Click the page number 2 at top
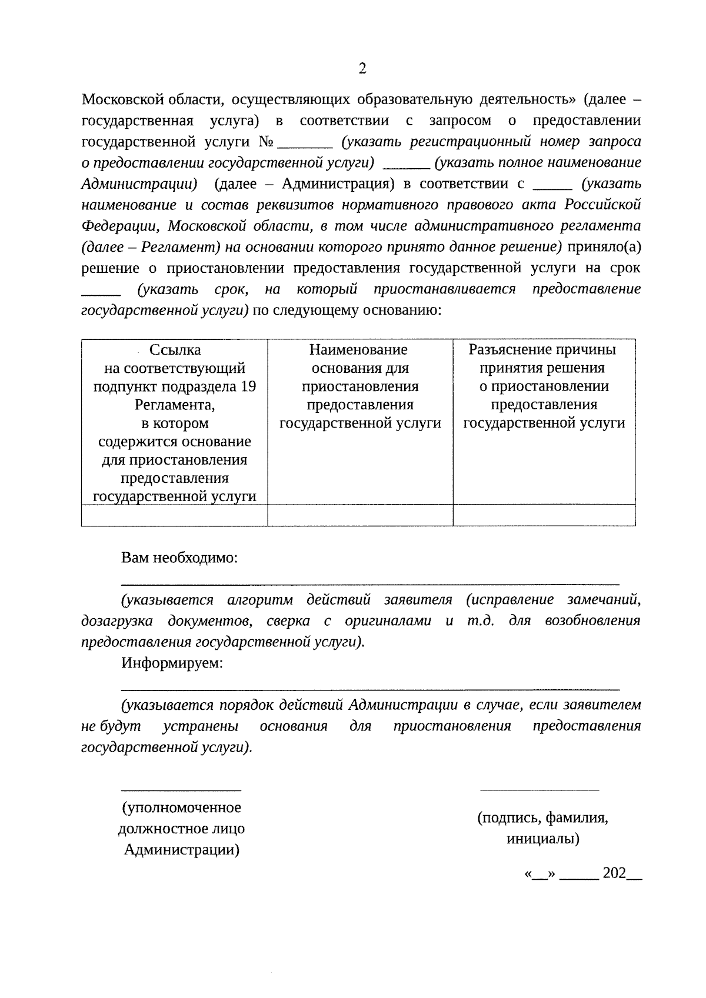tap(362, 69)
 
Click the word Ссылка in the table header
tap(175, 351)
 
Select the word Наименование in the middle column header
tap(358, 351)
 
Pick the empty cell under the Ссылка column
tap(174, 515)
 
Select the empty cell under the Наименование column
tap(360, 515)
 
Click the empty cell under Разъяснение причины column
tap(544, 515)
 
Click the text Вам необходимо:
tap(179, 558)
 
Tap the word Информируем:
tap(172, 663)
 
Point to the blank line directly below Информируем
tap(370, 689)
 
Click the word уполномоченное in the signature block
tap(182, 808)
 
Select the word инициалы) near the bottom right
tap(542, 839)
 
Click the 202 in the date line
tap(614, 873)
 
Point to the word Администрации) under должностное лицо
tap(182, 850)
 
